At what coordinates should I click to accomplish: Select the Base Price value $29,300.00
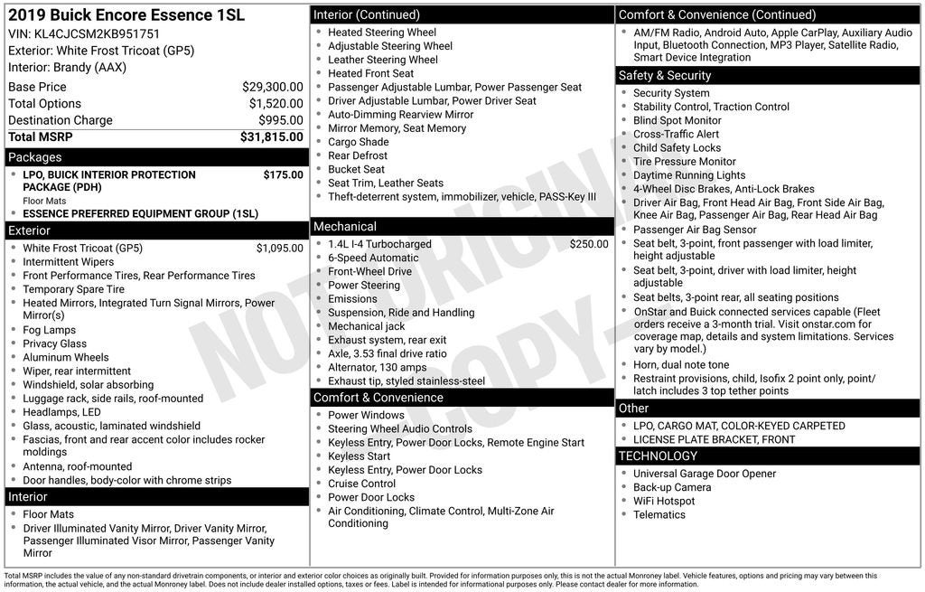[272, 87]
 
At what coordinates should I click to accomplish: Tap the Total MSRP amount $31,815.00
[271, 137]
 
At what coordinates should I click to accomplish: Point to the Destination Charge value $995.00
[280, 120]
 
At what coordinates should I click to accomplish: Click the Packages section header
[35, 157]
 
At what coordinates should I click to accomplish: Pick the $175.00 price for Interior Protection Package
[284, 174]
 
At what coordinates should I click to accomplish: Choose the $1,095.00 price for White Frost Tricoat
[280, 248]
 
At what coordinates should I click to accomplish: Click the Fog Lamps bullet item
[49, 330]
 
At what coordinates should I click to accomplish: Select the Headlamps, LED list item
[61, 412]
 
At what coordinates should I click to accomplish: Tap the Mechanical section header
[345, 226]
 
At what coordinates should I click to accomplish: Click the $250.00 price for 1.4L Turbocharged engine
[589, 244]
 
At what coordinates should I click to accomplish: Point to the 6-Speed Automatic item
[373, 258]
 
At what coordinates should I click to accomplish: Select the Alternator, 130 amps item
[377, 367]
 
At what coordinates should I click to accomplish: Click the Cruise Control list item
[361, 484]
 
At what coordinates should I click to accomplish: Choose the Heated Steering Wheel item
[381, 33]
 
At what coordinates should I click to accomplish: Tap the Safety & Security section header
[664, 75]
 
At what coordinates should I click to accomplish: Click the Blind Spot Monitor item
[677, 120]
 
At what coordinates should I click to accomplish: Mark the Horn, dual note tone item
[680, 365]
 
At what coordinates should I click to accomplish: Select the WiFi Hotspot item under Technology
[664, 501]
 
